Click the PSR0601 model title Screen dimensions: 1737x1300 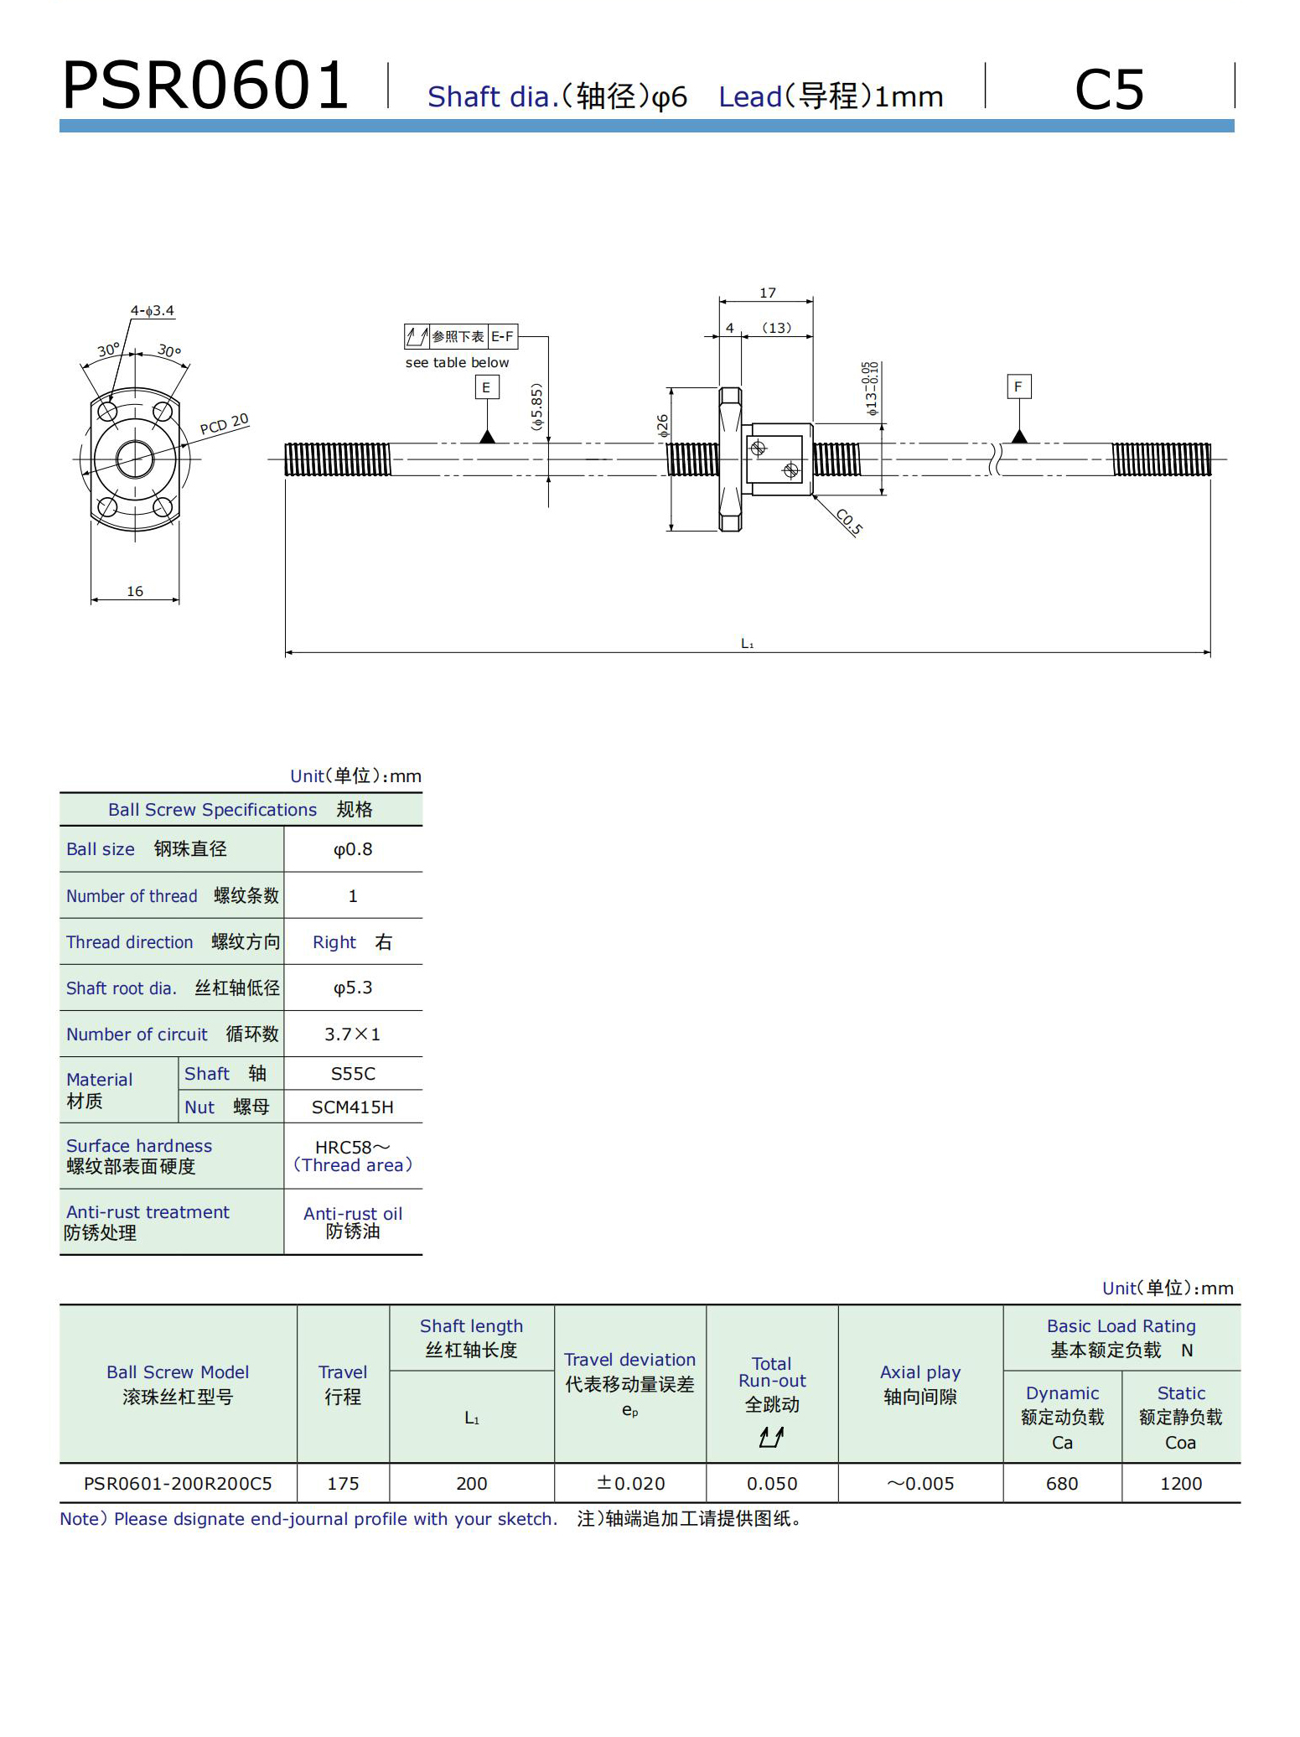(x=205, y=86)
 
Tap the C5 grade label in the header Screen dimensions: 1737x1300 (x=1108, y=90)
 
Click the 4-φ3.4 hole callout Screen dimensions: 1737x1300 (x=152, y=311)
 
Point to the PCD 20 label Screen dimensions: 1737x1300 (x=224, y=424)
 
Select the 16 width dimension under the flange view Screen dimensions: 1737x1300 (x=135, y=591)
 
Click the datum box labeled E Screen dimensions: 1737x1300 (x=486, y=387)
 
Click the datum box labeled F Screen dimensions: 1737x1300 (x=1018, y=386)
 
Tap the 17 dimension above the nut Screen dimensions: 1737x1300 (x=768, y=293)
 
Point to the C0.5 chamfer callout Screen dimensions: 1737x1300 (x=849, y=521)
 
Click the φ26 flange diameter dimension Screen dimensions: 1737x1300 (x=663, y=426)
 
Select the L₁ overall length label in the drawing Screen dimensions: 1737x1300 (x=748, y=643)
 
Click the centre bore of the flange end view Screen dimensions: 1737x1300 (x=135, y=459)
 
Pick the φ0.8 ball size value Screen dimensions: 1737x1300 (x=353, y=849)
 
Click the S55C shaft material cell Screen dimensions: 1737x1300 (x=353, y=1073)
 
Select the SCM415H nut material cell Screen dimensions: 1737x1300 (x=353, y=1107)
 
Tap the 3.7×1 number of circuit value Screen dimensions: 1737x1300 (x=353, y=1034)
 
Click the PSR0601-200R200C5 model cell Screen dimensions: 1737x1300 (x=178, y=1483)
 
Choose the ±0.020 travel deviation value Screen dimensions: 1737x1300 (x=630, y=1483)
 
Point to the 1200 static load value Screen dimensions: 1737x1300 (x=1180, y=1483)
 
